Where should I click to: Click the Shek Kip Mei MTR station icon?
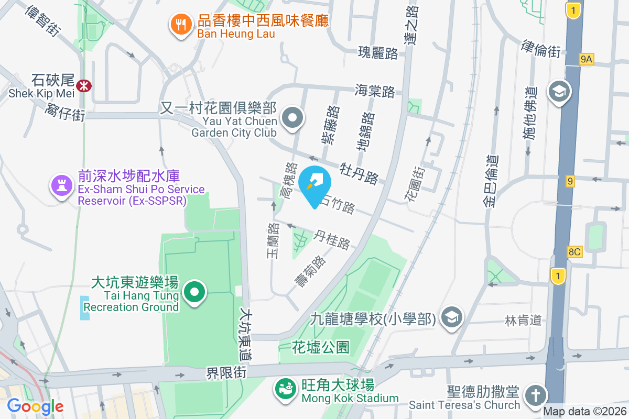83,85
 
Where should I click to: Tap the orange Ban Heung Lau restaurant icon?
181,25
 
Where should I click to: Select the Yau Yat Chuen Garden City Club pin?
292,118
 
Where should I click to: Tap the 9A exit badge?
586,60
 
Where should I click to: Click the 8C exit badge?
574,252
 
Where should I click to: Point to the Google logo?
35,406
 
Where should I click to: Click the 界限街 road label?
226,373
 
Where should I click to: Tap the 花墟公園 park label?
321,347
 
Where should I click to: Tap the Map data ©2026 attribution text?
585,412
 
